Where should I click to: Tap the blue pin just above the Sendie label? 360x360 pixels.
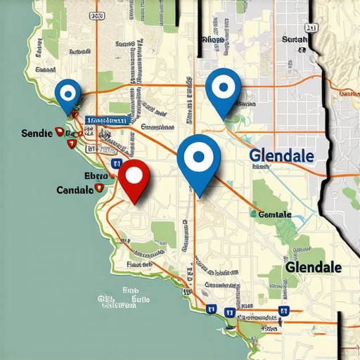tap(68, 94)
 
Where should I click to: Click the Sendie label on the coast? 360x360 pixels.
tap(37, 133)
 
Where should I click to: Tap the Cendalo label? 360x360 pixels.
tap(75, 190)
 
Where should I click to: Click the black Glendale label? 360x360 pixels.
tap(313, 268)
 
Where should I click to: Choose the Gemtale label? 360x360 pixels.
tap(275, 214)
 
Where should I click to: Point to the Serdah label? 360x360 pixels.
tap(294, 40)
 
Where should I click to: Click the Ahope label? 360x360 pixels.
tap(213, 40)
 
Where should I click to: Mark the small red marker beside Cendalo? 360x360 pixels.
tap(98, 188)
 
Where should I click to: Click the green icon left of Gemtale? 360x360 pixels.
tap(253, 213)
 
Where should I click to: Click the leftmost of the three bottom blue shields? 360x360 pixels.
tap(210, 309)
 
